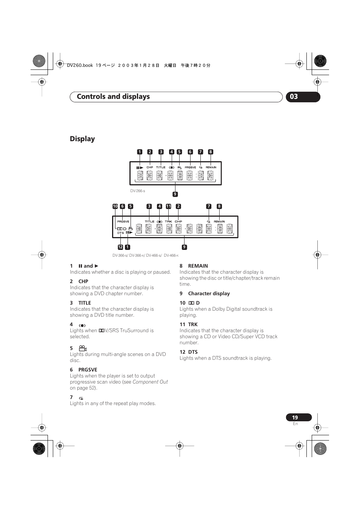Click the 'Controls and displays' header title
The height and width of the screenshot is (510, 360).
113,97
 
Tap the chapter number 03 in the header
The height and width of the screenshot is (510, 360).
294,97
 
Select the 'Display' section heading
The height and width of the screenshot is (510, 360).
82,139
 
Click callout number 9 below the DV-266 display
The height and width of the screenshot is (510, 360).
175,194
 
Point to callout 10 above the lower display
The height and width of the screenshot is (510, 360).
115,206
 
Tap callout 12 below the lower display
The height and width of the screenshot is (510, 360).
120,247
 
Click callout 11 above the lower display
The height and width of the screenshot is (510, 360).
169,206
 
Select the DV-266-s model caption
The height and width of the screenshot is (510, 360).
137,191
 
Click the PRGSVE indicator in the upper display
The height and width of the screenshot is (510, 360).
190,167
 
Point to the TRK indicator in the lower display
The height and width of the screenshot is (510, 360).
168,222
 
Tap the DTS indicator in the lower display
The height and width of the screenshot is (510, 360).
120,233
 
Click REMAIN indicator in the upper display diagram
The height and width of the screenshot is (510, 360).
211,167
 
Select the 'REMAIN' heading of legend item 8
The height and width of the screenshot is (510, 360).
198,266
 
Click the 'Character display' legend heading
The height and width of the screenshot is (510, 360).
209,293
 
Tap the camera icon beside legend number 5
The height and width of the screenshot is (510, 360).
83,348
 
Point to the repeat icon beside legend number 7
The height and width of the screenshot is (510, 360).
81,398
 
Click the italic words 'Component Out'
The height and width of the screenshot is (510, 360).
150,382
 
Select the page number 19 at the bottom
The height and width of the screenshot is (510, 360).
295,418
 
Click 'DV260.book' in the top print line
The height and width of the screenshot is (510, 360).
80,65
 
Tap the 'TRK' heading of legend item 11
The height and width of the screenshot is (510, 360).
193,324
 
